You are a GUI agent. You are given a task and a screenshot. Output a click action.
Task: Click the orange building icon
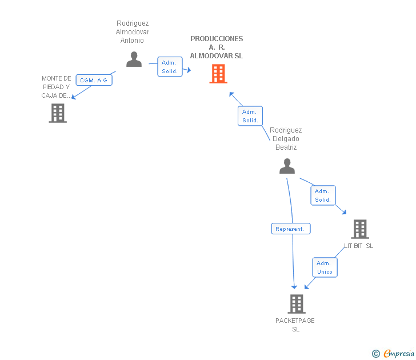pos(218,74)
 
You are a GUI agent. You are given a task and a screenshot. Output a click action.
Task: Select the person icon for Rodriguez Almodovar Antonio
pos(134,59)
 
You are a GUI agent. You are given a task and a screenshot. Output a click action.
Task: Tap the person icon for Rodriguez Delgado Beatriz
pos(287,166)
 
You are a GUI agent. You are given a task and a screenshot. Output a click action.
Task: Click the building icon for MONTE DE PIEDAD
pos(58,113)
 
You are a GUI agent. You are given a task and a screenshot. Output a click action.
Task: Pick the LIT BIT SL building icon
pos(360,229)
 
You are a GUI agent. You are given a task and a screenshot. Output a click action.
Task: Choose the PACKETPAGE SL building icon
pos(297,304)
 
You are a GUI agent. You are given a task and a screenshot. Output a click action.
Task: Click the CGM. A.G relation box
pos(94,80)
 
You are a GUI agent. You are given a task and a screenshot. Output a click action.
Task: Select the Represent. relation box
pos(291,229)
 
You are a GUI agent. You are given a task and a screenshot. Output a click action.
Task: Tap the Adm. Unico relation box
pos(325,267)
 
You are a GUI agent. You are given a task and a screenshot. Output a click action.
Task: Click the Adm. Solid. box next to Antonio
pos(170,67)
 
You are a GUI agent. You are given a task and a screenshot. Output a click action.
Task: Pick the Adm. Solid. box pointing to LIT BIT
pos(323,195)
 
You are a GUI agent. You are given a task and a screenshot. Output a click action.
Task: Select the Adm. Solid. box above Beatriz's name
pos(250,116)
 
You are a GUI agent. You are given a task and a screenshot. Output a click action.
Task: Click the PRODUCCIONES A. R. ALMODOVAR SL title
pos(217,47)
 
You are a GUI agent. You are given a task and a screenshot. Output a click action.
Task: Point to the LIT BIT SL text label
pos(358,246)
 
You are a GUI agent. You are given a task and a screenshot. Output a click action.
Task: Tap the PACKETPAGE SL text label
pos(295,325)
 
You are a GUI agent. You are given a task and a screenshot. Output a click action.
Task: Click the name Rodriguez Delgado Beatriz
pos(286,139)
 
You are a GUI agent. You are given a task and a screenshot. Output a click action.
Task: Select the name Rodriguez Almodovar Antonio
pos(133,32)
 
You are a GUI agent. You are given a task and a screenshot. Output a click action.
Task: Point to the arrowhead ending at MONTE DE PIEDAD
pos(74,97)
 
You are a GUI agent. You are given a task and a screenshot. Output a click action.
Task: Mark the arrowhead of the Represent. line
pos(294,287)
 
